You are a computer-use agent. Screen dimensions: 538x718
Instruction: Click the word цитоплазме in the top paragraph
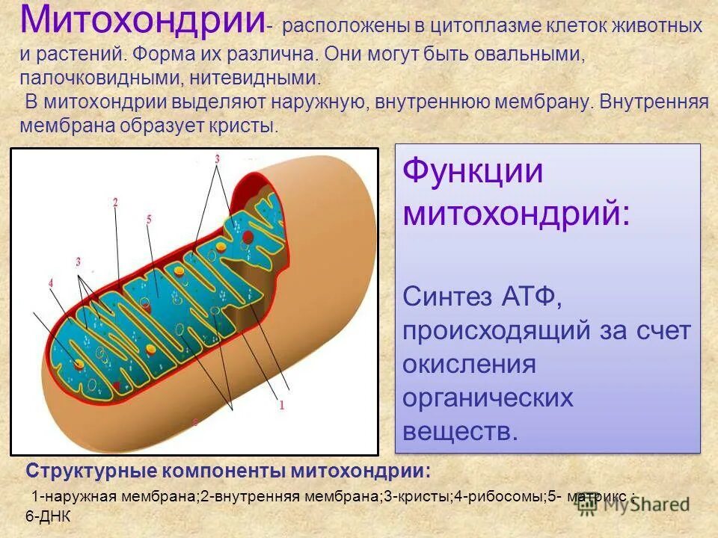(x=470, y=27)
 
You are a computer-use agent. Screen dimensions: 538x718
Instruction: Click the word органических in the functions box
(x=488, y=398)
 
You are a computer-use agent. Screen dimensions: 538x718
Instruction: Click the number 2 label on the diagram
(x=115, y=202)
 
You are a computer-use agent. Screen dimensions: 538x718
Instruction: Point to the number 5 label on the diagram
(x=149, y=220)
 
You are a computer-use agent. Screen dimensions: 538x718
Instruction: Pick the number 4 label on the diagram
(x=51, y=283)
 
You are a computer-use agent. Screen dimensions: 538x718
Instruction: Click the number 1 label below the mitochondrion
(x=282, y=406)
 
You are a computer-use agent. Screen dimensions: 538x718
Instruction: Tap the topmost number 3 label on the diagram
(x=217, y=158)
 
